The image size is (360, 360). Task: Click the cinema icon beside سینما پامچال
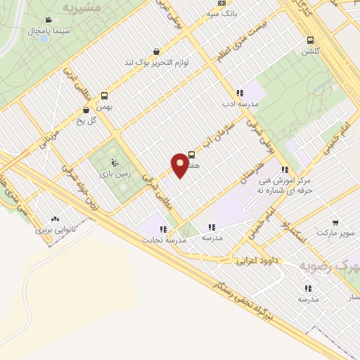click(47, 20)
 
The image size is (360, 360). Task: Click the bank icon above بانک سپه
click(222, 3)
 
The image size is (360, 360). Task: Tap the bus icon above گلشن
click(310, 40)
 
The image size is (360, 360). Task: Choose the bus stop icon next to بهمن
click(105, 96)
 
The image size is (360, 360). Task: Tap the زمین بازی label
click(111, 173)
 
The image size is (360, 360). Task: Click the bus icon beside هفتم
click(192, 156)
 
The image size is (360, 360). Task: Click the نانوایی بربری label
click(55, 229)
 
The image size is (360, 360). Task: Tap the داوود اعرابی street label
click(254, 261)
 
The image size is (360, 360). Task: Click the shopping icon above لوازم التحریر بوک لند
click(155, 51)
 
